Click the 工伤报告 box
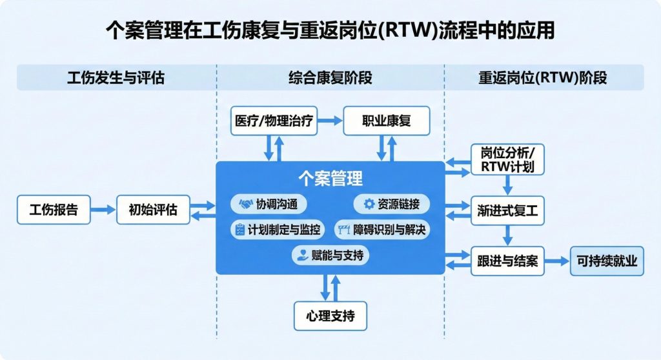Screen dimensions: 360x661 point(54,210)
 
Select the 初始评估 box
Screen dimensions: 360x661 point(153,210)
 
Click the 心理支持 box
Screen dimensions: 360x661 point(330,316)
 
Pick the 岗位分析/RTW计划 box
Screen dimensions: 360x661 point(507,159)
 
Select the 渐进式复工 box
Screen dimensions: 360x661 point(508,210)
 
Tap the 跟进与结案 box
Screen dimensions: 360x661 point(508,261)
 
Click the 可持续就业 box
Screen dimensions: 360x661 point(607,261)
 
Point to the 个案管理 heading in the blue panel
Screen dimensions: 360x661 point(330,178)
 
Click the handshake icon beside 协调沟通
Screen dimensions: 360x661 point(246,205)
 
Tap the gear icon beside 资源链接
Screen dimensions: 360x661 point(369,205)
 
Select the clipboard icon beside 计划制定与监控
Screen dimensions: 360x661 point(240,229)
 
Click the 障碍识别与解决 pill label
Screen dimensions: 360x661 point(381,229)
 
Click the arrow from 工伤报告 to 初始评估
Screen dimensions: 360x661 point(103,210)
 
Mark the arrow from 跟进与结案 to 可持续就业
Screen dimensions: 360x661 point(557,261)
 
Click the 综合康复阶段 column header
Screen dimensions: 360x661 point(330,78)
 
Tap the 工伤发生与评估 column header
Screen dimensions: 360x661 point(116,78)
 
